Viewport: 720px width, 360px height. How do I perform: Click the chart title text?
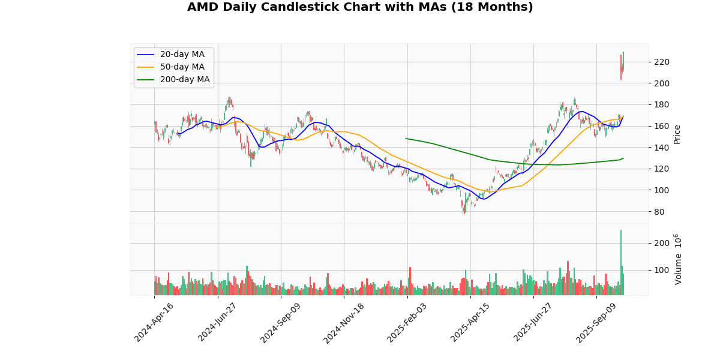pyautogui.click(x=360, y=7)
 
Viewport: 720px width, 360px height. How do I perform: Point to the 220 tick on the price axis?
pyautogui.click(x=661, y=62)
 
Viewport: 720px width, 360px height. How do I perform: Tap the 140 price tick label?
pyautogui.click(x=661, y=148)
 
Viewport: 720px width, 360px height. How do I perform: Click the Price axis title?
pyautogui.click(x=677, y=134)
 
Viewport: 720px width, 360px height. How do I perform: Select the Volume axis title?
pyautogui.click(x=678, y=259)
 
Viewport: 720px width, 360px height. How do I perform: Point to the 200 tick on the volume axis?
pyautogui.click(x=661, y=243)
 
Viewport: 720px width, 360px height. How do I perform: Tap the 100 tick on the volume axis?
pyautogui.click(x=661, y=270)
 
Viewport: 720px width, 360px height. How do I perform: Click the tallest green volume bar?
pyautogui.click(x=621, y=262)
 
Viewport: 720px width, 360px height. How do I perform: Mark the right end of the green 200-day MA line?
pyautogui.click(x=623, y=158)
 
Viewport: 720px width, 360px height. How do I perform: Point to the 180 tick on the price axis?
pyautogui.click(x=661, y=104)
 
